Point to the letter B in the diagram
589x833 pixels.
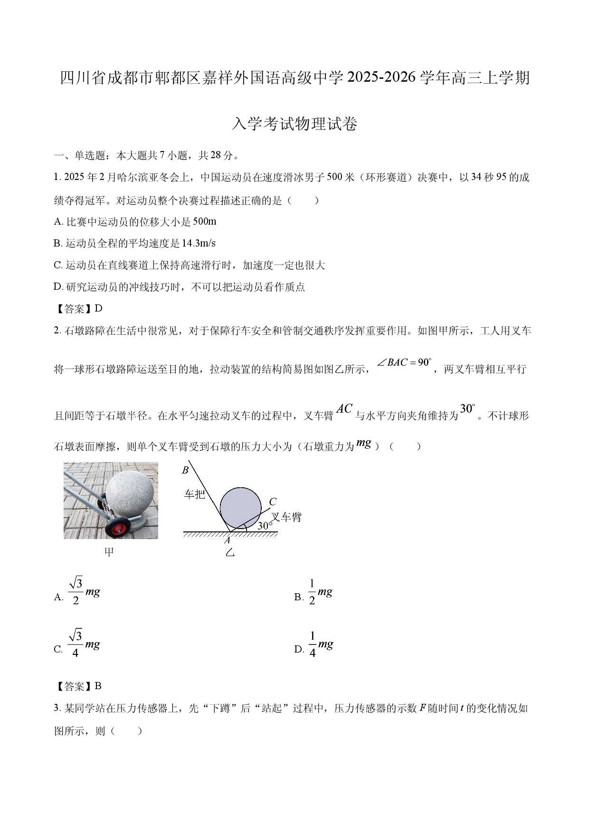click(x=186, y=470)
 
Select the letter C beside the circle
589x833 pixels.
click(x=273, y=502)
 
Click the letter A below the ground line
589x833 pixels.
click(x=227, y=540)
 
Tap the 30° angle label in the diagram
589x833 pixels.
click(x=265, y=525)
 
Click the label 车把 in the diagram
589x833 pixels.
click(x=194, y=494)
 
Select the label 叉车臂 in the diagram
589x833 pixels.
click(x=286, y=517)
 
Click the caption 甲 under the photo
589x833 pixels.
click(x=110, y=552)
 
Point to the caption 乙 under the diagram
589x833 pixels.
click(x=230, y=552)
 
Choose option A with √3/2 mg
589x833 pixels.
click(x=77, y=591)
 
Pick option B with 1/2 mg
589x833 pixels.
click(x=313, y=592)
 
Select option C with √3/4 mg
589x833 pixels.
click(x=77, y=644)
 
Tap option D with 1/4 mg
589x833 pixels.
click(x=313, y=644)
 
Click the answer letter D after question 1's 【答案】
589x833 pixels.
click(x=98, y=309)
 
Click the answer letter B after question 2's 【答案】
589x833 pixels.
click(x=98, y=686)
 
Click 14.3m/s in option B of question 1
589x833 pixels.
click(x=199, y=244)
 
